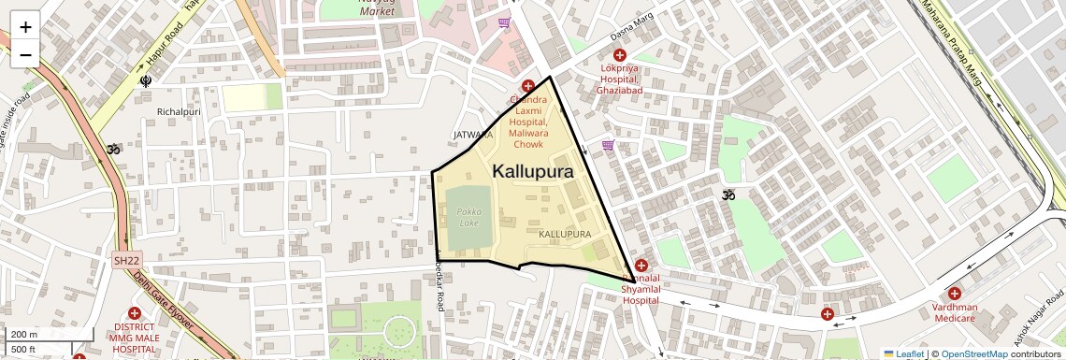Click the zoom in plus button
25,27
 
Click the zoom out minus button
25,54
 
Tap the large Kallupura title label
532,171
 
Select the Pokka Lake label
468,217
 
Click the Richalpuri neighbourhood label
180,111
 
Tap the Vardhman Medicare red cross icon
954,294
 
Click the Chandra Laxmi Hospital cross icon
528,86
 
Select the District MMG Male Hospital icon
135,313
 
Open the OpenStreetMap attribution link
974,353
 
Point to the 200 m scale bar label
24,334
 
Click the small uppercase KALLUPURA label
566,232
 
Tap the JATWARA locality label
473,135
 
